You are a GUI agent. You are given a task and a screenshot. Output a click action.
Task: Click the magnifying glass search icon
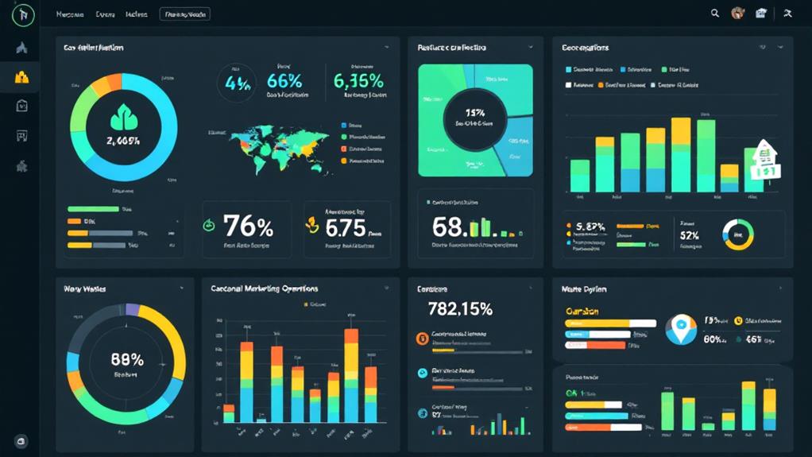715,14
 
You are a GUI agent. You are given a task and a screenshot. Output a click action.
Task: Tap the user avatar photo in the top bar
737,14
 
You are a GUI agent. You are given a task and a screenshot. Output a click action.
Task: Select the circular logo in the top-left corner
24,14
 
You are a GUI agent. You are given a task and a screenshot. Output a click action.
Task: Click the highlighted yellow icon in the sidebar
21,77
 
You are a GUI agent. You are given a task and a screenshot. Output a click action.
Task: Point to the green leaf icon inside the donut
123,118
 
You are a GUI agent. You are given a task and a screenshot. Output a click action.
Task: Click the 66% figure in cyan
284,81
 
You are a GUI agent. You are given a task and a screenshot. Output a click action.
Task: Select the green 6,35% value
358,81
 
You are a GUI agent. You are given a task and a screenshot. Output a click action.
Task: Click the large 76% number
248,227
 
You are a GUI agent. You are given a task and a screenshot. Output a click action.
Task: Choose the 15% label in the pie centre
475,113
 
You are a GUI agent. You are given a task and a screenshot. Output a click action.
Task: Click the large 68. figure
450,227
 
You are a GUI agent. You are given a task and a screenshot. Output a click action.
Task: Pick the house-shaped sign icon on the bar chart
764,158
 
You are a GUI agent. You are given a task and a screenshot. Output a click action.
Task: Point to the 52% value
689,236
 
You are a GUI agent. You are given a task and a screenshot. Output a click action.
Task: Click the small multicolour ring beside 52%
738,234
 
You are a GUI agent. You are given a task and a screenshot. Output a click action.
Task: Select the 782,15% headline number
460,309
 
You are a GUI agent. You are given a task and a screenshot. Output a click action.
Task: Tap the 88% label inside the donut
126,359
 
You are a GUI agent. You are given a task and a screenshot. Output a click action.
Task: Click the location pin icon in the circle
680,330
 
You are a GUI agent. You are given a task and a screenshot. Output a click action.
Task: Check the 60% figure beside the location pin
713,340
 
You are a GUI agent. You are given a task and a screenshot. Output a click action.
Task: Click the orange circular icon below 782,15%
422,339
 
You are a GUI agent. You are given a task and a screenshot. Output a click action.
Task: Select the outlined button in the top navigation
184,14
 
